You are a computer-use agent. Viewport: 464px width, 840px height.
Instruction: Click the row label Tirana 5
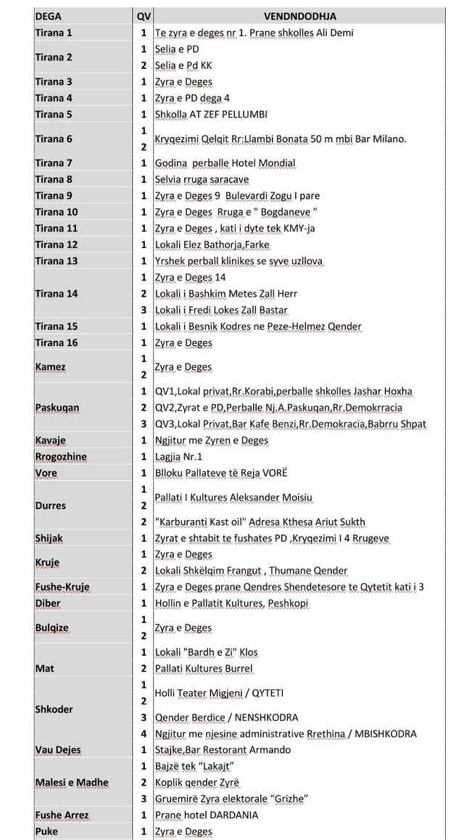54,114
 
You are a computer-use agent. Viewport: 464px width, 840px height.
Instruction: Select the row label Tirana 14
57,294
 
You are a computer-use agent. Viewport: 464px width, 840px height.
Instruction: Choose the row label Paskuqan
57,408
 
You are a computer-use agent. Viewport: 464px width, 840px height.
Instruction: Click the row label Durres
50,506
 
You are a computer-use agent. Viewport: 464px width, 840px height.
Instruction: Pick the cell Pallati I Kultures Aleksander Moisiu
244,498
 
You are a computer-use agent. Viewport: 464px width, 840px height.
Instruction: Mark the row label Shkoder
54,709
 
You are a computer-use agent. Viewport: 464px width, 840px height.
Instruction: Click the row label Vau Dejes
58,749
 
